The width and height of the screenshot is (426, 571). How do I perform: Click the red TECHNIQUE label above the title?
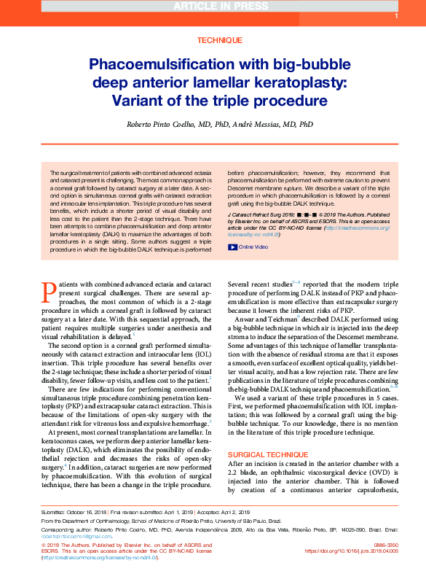click(213, 42)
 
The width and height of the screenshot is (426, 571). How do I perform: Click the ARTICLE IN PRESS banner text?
click(213, 7)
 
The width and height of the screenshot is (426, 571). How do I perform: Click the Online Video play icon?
click(232, 246)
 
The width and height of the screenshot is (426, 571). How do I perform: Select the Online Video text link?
click(253, 246)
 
